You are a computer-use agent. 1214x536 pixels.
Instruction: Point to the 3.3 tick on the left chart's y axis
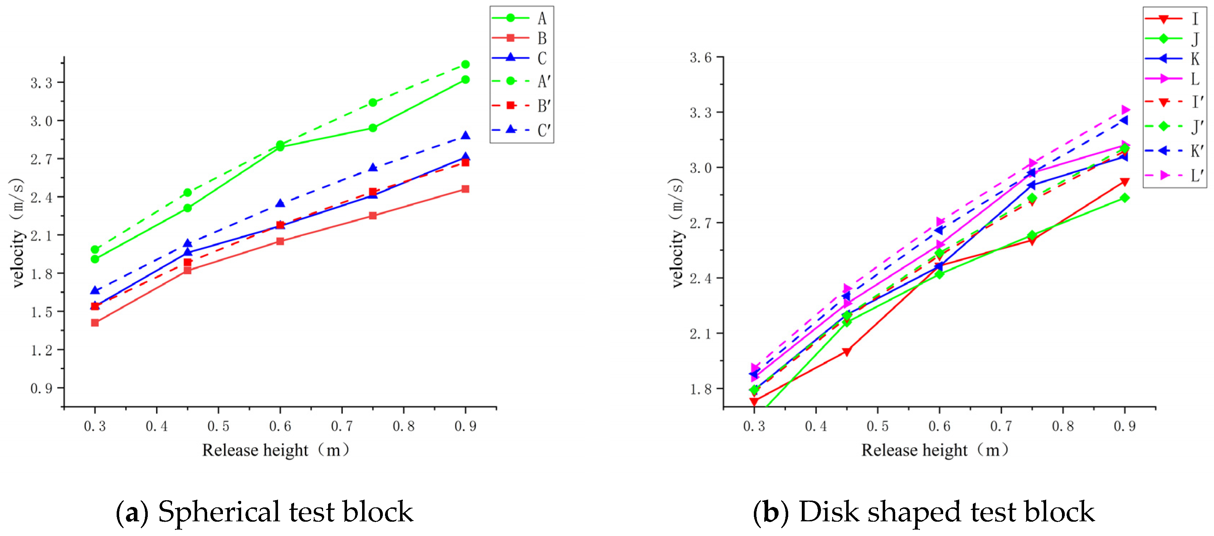pyautogui.click(x=42, y=83)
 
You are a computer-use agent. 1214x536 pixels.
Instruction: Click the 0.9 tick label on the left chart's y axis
pyautogui.click(x=42, y=389)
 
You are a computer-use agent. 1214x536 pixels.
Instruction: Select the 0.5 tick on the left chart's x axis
pyautogui.click(x=218, y=426)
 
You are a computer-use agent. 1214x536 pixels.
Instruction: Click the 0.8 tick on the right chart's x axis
pyautogui.click(x=1063, y=426)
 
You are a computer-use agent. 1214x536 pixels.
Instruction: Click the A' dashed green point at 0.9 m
pyautogui.click(x=465, y=64)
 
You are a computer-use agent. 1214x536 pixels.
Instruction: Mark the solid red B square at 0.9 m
pyautogui.click(x=465, y=189)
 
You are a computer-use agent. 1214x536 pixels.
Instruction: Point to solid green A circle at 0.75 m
pyautogui.click(x=373, y=128)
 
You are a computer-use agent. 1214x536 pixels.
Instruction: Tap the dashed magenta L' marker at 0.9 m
pyautogui.click(x=1125, y=110)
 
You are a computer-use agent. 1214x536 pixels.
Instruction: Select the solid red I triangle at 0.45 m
pyautogui.click(x=847, y=352)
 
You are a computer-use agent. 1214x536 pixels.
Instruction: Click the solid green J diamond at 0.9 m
pyautogui.click(x=1125, y=198)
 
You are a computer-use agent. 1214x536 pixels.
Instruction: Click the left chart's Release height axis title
pyautogui.click(x=276, y=450)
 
